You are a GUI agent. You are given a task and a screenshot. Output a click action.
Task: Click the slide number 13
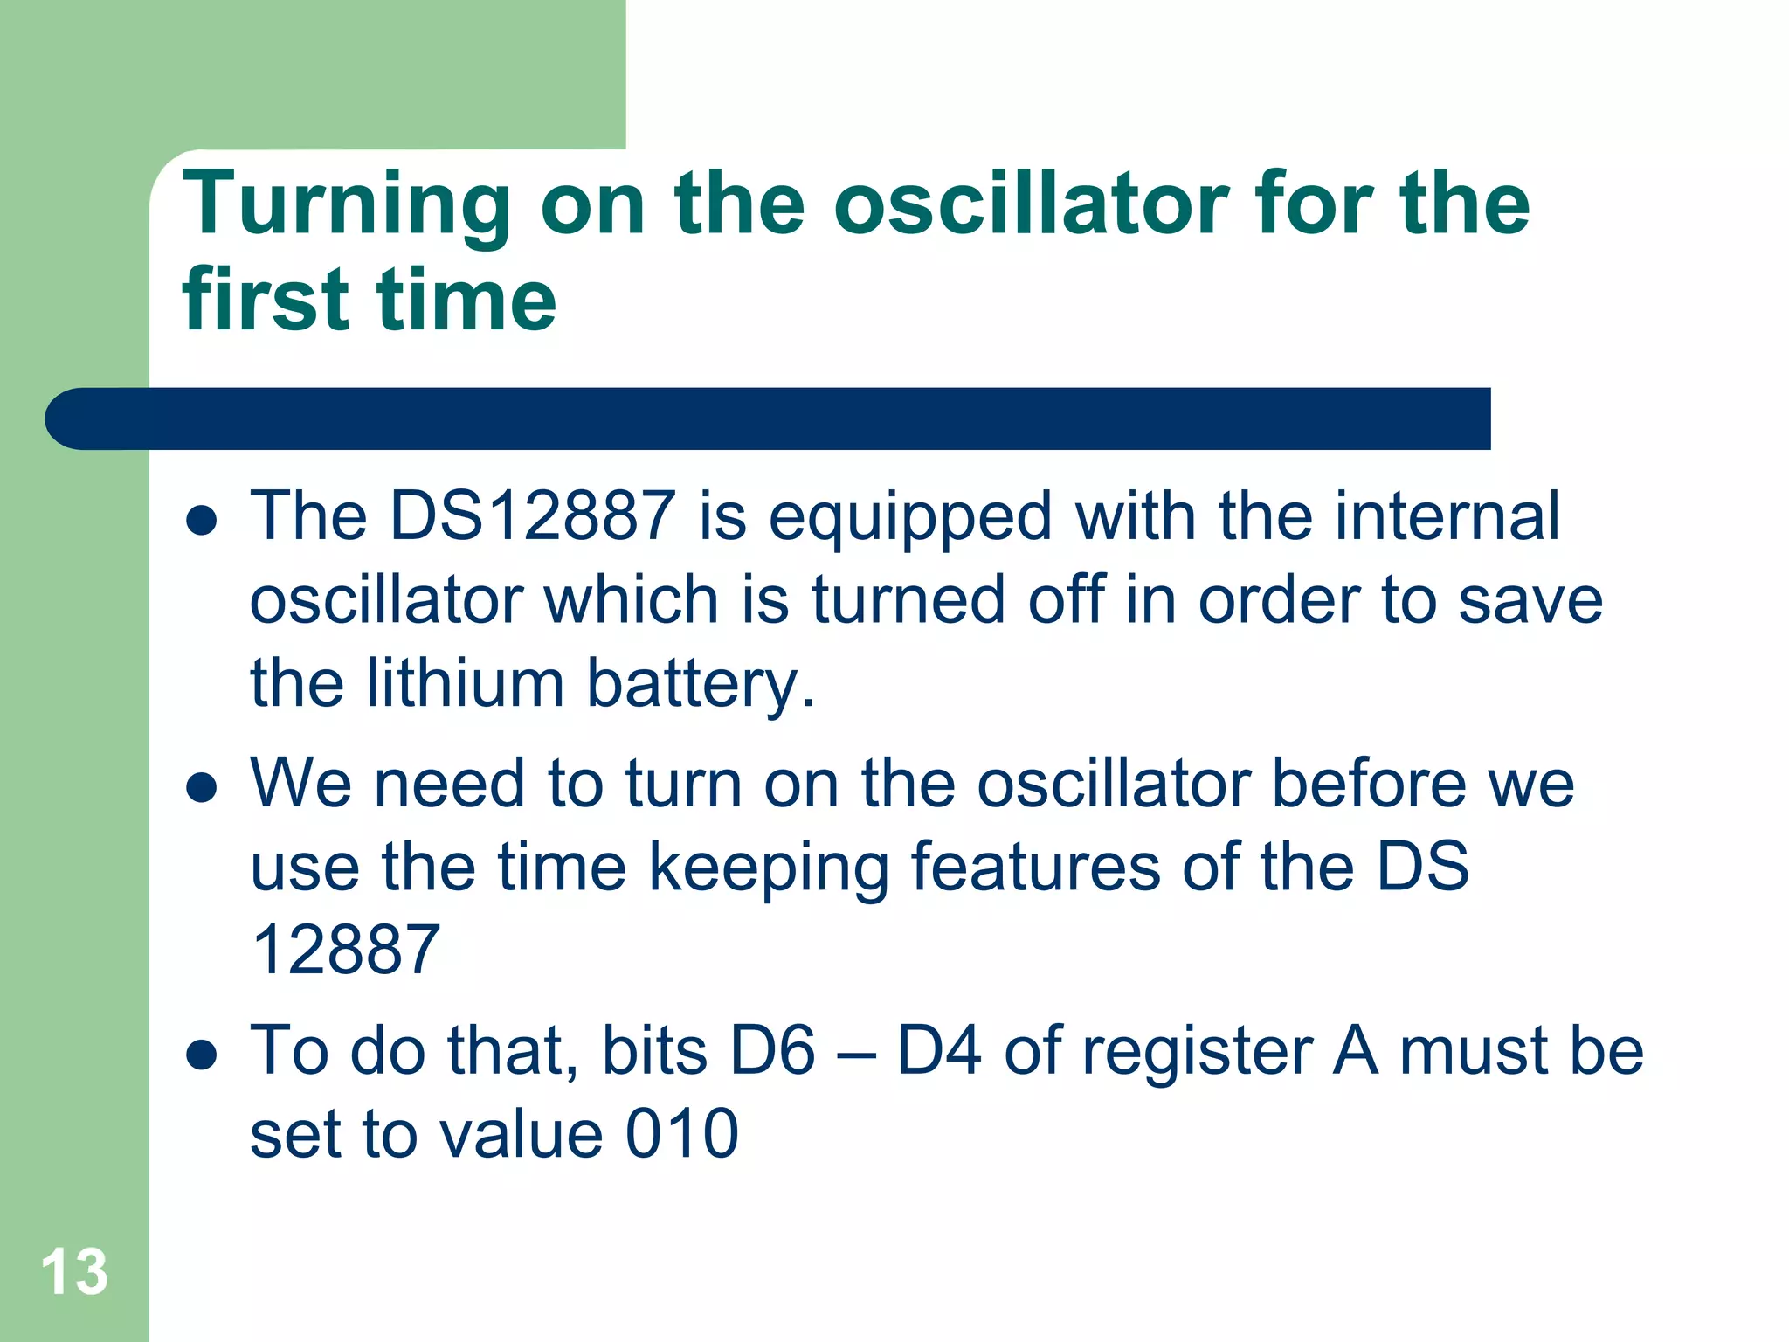click(74, 1272)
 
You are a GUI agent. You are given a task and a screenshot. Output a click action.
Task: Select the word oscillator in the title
click(1031, 204)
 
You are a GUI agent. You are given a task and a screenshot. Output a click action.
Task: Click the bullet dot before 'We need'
click(202, 787)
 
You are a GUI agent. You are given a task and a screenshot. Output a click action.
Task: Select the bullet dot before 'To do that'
click(202, 1055)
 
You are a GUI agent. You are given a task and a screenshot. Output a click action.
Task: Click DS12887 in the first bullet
click(532, 515)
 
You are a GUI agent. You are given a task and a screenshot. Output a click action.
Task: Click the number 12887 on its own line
click(346, 950)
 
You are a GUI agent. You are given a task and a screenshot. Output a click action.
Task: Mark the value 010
click(682, 1133)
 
